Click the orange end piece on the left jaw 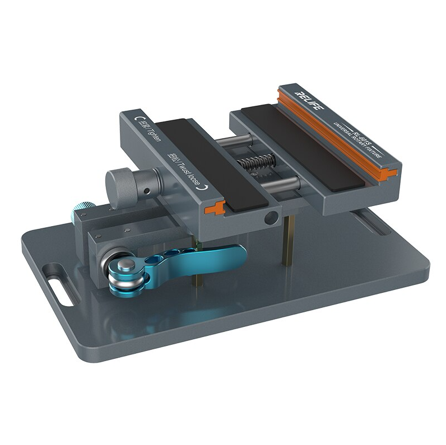[x=215, y=208]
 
